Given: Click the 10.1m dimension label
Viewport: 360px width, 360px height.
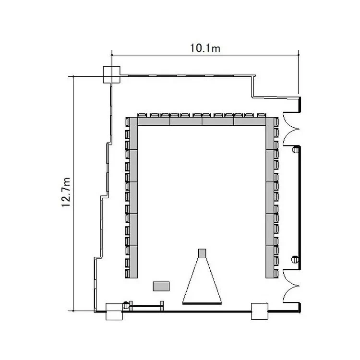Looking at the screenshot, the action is [x=205, y=48].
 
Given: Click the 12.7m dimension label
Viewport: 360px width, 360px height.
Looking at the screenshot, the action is [x=66, y=192].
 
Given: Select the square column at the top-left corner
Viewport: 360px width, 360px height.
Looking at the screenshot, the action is [x=111, y=74].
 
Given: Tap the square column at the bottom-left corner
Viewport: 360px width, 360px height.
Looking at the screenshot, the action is [x=114, y=312].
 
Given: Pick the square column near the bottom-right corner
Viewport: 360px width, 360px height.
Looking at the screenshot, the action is [x=260, y=312].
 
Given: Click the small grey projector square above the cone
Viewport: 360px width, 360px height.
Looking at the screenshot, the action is [x=202, y=253].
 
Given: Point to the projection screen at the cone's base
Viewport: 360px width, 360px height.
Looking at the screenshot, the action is [x=202, y=303].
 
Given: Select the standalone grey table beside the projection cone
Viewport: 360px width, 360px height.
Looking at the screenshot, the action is [x=161, y=286].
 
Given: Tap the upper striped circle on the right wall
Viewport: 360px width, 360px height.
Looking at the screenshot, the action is [x=296, y=150].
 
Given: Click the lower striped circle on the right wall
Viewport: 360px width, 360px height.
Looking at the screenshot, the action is [x=295, y=259].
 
